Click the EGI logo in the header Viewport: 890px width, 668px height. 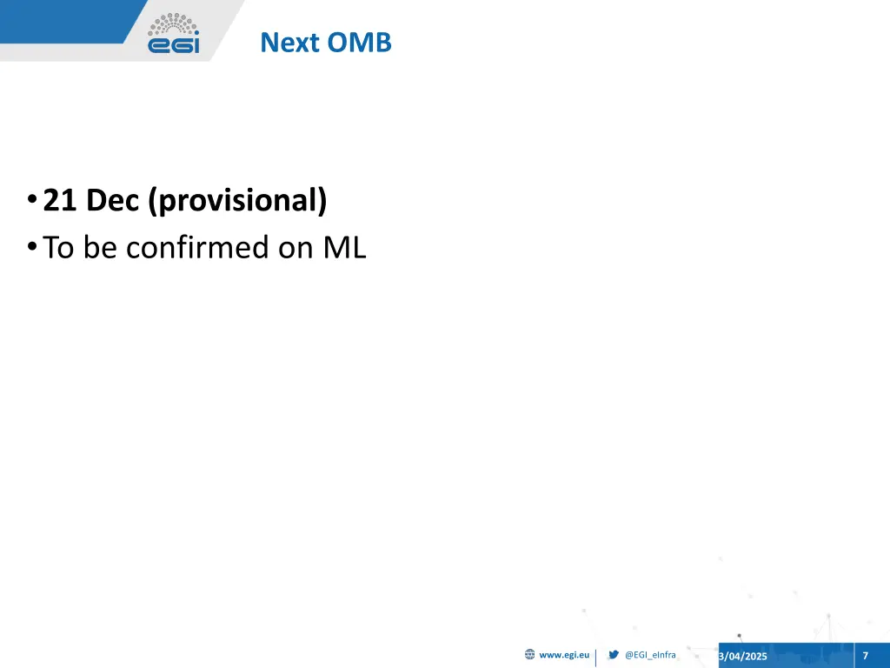173,34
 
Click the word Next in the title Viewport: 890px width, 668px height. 290,42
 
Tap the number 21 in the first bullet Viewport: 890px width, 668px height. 61,201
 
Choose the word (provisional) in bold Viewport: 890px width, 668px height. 237,202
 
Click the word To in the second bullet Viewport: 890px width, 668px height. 61,249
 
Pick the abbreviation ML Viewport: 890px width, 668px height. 345,249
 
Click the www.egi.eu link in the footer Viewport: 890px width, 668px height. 564,655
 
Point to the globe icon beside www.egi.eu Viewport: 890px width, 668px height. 529,655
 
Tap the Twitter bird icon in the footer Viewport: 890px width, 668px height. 614,655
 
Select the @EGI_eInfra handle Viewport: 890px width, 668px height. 650,655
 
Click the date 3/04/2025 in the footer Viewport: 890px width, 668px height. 743,656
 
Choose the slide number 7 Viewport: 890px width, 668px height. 865,655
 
